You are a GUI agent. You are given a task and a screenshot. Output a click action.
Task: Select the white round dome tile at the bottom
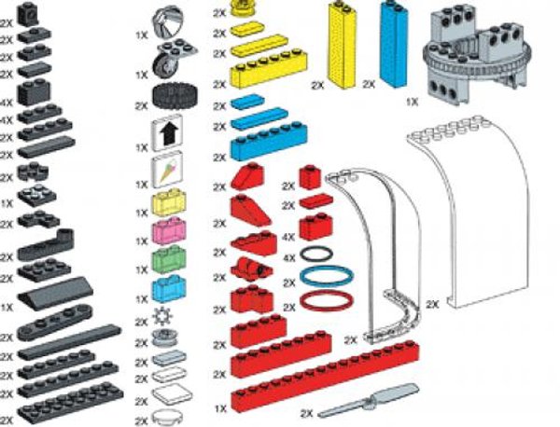tap(168, 416)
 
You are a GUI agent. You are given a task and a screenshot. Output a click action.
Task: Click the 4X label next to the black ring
tap(288, 256)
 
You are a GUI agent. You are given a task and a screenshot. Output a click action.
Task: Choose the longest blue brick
tap(271, 147)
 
